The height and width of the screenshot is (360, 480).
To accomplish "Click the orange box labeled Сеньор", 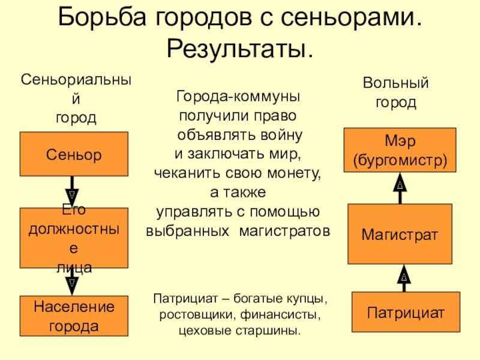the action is coord(74,154).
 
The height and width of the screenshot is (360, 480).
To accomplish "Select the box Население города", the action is coord(74,316).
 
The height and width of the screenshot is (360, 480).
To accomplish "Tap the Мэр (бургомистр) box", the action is coord(400,150).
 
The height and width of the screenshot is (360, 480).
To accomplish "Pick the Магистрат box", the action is coord(400,234).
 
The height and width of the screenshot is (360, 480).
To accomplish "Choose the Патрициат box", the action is coord(406,312).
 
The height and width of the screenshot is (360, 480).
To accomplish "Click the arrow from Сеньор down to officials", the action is coord(72,191).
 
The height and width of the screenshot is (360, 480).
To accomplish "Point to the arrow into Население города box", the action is coord(72,281).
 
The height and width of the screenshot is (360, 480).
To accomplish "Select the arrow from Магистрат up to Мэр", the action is coord(400,188).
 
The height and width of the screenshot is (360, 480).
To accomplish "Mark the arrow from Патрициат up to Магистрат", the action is coord(404,278).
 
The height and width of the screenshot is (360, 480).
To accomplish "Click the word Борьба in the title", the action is coord(102,17).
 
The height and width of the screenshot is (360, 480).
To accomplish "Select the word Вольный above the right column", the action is coord(395,83).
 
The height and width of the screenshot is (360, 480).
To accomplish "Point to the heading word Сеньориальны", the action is coord(76,80).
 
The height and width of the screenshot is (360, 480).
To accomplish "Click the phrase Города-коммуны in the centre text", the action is coord(238,96).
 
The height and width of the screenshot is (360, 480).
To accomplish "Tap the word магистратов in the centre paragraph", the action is coord(284,231).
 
